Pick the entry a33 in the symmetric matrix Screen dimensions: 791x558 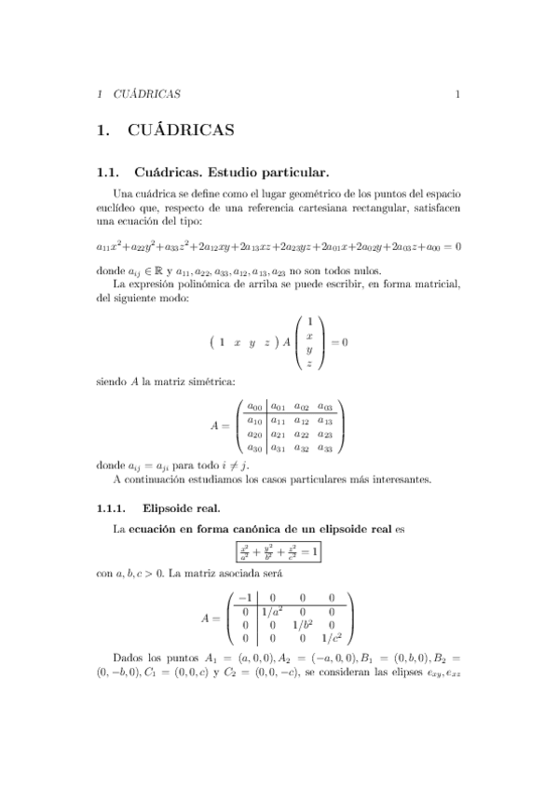pos(324,449)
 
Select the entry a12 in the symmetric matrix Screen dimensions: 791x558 pos(301,421)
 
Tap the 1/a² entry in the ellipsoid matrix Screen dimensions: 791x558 pos(272,611)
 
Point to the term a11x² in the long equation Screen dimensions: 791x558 pos(110,247)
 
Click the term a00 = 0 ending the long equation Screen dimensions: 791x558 pos(443,247)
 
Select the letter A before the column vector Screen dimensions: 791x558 pos(287,342)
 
